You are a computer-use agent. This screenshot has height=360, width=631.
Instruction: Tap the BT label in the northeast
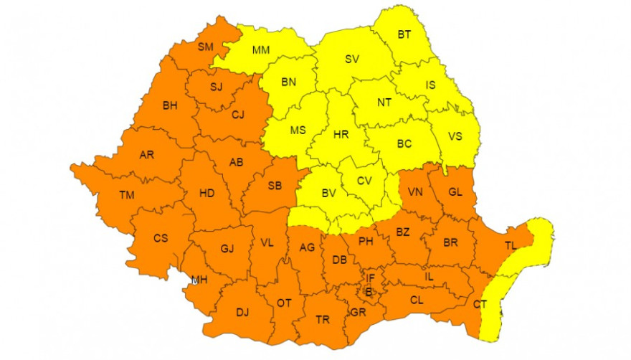click(404, 34)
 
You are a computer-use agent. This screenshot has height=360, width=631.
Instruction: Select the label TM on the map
click(127, 195)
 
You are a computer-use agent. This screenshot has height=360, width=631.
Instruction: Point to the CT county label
click(480, 304)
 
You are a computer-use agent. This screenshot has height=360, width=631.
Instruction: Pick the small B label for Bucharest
click(369, 291)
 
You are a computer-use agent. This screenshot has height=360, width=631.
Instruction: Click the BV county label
click(329, 192)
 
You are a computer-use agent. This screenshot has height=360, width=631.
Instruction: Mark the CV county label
click(364, 181)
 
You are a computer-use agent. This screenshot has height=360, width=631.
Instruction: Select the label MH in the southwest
click(199, 280)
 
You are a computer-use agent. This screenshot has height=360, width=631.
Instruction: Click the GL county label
click(455, 191)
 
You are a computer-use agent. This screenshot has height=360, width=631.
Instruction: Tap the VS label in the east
click(455, 136)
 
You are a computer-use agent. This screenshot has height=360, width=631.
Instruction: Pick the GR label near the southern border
click(358, 313)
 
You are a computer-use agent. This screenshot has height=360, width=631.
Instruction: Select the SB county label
click(274, 186)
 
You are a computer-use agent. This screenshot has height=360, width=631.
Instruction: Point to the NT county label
click(384, 103)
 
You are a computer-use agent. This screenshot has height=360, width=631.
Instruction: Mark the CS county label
click(161, 238)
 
